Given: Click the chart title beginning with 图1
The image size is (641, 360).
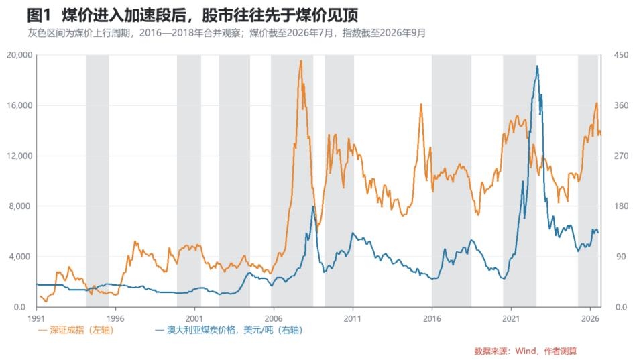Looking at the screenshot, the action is [192, 15].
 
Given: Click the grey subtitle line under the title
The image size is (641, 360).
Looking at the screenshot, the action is [227, 33].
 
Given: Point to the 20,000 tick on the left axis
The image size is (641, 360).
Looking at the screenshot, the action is [19, 55].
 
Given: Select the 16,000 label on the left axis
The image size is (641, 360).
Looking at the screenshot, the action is [19, 105].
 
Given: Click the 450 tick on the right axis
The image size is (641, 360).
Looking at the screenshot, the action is [621, 55].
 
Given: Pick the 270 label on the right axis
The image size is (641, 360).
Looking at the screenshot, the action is [621, 156].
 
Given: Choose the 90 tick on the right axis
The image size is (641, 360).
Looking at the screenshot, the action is [621, 257].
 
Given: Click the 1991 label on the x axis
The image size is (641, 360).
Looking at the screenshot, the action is [36, 318].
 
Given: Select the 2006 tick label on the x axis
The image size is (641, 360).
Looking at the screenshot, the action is [274, 318].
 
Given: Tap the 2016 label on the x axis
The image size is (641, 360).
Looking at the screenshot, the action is [432, 318].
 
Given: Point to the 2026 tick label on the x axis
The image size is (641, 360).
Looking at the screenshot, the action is [590, 318].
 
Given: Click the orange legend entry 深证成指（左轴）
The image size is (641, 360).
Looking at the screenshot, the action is [76, 330].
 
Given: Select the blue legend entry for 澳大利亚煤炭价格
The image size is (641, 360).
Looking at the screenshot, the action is [229, 330].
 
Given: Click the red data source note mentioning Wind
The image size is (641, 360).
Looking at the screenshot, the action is [525, 351].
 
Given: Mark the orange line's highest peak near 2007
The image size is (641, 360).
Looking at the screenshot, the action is [301, 61].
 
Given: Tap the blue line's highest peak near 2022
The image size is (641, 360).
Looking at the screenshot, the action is [537, 66].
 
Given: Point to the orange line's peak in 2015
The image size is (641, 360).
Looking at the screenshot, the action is [420, 104].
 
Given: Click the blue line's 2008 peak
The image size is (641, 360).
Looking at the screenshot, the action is [313, 206].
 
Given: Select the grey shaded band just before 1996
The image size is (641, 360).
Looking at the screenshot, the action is [97, 180].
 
